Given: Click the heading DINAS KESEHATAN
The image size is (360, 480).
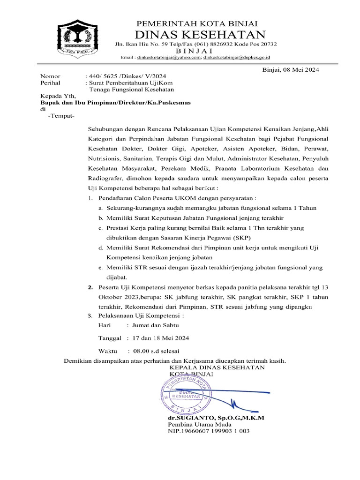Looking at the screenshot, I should point(200,34).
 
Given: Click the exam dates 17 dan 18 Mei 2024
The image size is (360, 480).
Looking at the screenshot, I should point(161,337).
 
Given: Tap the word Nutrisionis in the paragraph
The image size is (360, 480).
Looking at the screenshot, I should point(104,158).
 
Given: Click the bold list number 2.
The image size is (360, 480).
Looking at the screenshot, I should point(91,287).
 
